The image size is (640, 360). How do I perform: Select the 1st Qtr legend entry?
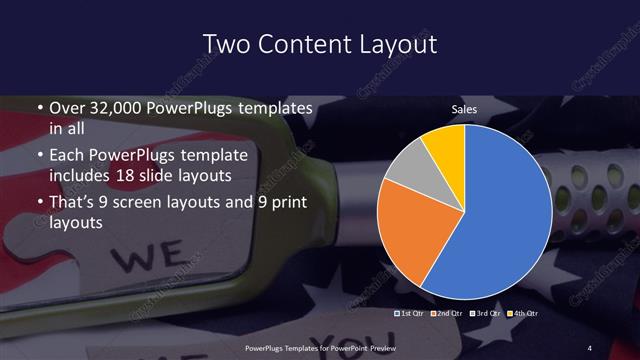[412, 314]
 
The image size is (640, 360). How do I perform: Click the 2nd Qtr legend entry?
[449, 314]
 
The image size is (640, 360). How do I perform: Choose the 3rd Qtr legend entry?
[486, 314]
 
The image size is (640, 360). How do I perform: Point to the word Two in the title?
[223, 44]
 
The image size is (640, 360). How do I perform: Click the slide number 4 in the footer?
[589, 347]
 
